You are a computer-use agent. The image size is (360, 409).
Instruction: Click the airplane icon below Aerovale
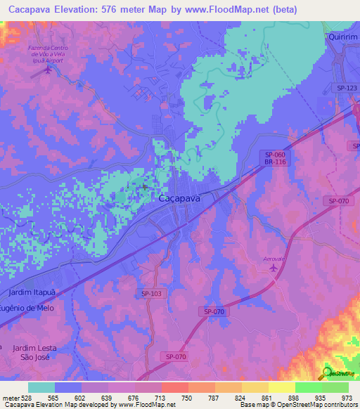(x=271, y=269)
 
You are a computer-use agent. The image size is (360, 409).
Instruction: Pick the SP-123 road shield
(x=347, y=88)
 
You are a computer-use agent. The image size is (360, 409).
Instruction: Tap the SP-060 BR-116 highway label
(x=275, y=158)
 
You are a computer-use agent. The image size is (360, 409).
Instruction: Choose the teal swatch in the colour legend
(x=41, y=387)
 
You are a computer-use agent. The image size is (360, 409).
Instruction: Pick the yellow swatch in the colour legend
(x=281, y=387)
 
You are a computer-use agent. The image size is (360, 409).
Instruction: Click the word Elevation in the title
(x=77, y=9)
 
